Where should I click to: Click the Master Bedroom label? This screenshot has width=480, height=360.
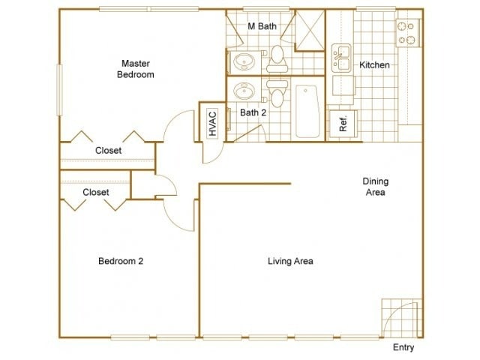pyautogui.click(x=136, y=69)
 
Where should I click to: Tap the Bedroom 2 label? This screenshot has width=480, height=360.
pyautogui.click(x=121, y=261)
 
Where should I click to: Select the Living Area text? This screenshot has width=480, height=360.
pyautogui.click(x=290, y=261)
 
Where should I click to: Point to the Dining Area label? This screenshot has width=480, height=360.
pyautogui.click(x=376, y=187)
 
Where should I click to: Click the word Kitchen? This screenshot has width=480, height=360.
pyautogui.click(x=374, y=65)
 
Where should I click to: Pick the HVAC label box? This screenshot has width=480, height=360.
pyautogui.click(x=212, y=124)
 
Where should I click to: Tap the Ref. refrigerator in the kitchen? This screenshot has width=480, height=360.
pyautogui.click(x=343, y=124)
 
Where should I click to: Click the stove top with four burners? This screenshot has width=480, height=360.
pyautogui.click(x=408, y=33)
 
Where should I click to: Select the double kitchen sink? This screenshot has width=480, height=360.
pyautogui.click(x=342, y=58)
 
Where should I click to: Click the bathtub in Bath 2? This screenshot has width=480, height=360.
pyautogui.click(x=307, y=111)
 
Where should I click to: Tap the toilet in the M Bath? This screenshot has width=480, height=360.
pyautogui.click(x=277, y=59)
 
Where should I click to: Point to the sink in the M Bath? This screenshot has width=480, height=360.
pyautogui.click(x=244, y=61)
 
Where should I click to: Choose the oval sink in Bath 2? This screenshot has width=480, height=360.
pyautogui.click(x=244, y=91)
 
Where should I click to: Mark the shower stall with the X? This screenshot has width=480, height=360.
pyautogui.click(x=310, y=30)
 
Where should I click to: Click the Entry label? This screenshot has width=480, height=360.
pyautogui.click(x=403, y=347)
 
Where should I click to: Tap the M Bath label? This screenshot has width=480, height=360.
pyautogui.click(x=262, y=26)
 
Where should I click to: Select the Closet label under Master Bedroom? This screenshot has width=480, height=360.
pyautogui.click(x=108, y=151)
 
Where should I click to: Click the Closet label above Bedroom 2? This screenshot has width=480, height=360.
pyautogui.click(x=96, y=192)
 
